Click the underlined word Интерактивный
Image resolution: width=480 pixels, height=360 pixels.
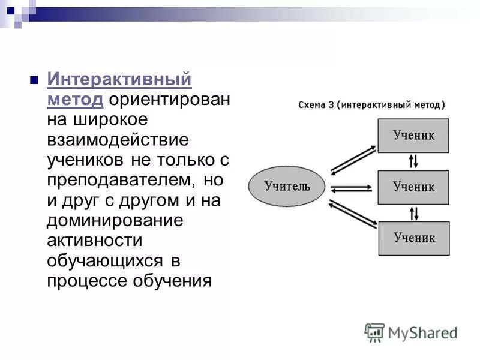[119, 79]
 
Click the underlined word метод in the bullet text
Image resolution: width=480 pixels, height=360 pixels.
[75, 99]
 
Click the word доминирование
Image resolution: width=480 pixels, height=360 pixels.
[115, 220]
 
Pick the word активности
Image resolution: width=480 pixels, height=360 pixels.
[95, 241]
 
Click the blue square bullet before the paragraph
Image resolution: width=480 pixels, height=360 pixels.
[34, 80]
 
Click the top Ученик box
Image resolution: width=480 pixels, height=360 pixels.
[413, 136]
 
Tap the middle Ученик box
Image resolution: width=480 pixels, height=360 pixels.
[413, 187]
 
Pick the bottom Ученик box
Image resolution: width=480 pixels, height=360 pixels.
[413, 238]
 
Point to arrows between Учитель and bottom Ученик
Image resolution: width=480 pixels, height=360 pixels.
[352, 215]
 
